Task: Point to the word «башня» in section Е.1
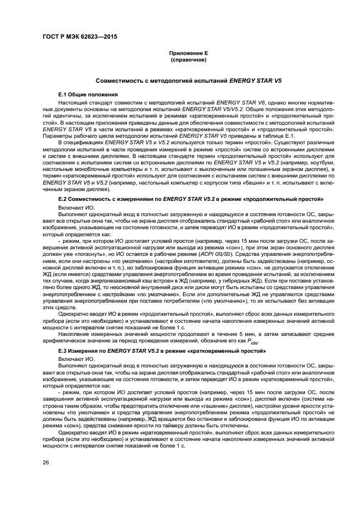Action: point(235,183)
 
